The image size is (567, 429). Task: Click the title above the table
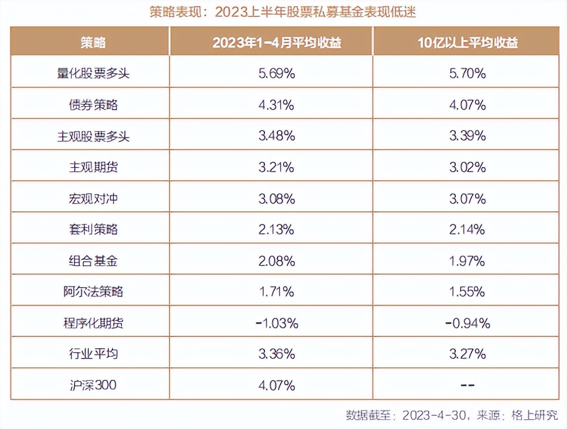[x=283, y=12]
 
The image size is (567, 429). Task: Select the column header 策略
[x=90, y=43]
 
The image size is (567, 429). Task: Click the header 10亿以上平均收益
[x=467, y=43]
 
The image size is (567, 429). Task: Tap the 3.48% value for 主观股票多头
[x=276, y=136]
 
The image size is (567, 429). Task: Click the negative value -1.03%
[x=276, y=323]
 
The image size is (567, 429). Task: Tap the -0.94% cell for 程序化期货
[x=467, y=323]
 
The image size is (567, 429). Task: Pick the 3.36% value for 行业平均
[x=276, y=354]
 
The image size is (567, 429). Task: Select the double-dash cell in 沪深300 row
[x=467, y=385]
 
